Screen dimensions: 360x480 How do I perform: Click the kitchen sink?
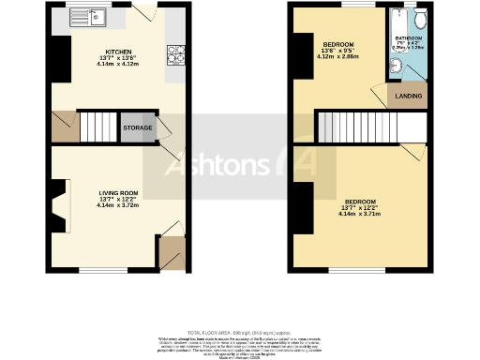(x=93, y=18)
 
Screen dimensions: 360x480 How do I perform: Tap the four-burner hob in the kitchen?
(x=175, y=55)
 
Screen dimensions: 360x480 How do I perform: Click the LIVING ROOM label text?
(x=118, y=193)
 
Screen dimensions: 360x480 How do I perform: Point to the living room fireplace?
(x=60, y=207)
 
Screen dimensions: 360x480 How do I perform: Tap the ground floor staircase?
(x=97, y=126)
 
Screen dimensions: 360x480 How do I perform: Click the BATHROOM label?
(x=409, y=39)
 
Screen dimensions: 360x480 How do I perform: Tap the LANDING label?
(x=408, y=96)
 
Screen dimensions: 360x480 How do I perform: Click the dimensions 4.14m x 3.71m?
(x=360, y=214)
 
